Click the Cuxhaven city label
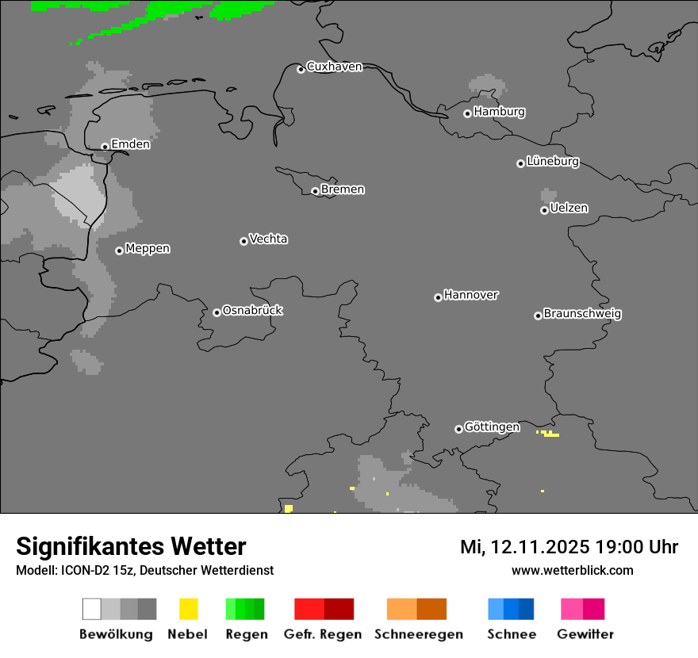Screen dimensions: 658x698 coord(334,67)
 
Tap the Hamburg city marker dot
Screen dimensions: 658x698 coord(467,113)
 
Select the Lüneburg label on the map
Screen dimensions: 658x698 coord(553,162)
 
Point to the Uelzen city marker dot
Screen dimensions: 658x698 coord(544,210)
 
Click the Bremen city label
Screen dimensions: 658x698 coord(343,189)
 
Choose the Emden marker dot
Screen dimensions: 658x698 coord(105,146)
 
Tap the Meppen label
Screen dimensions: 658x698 coord(148,248)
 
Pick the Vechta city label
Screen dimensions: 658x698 coord(268,239)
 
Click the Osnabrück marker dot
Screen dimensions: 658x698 coord(217,312)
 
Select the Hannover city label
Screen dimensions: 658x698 coord(471,295)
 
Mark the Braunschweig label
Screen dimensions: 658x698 coord(582,314)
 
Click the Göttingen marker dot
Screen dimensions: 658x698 coord(458,429)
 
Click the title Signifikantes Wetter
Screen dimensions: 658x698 coord(131,546)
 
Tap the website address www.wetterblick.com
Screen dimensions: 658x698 coord(572,570)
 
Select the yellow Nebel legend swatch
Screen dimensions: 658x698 coord(188,609)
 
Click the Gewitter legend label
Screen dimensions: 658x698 coord(585,634)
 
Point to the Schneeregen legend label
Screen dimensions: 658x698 coord(419,634)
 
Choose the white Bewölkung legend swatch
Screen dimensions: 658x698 coord(92,609)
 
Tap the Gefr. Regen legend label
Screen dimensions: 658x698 coord(323,634)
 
